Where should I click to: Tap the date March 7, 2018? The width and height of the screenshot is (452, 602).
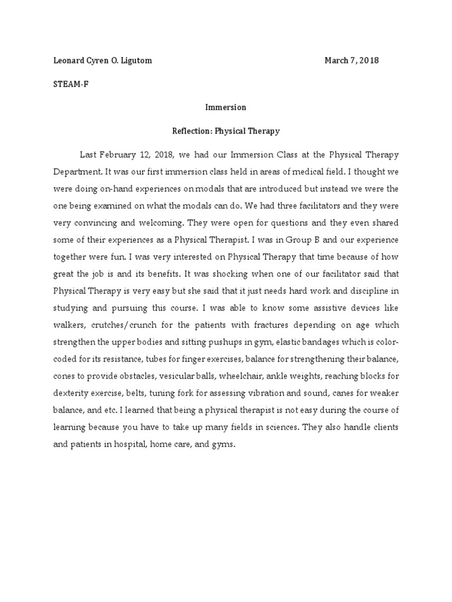point(351,61)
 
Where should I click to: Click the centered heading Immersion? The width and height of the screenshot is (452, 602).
point(225,108)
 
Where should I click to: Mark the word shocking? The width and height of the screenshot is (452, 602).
point(225,275)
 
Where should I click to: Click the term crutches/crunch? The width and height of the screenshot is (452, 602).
point(128,326)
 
